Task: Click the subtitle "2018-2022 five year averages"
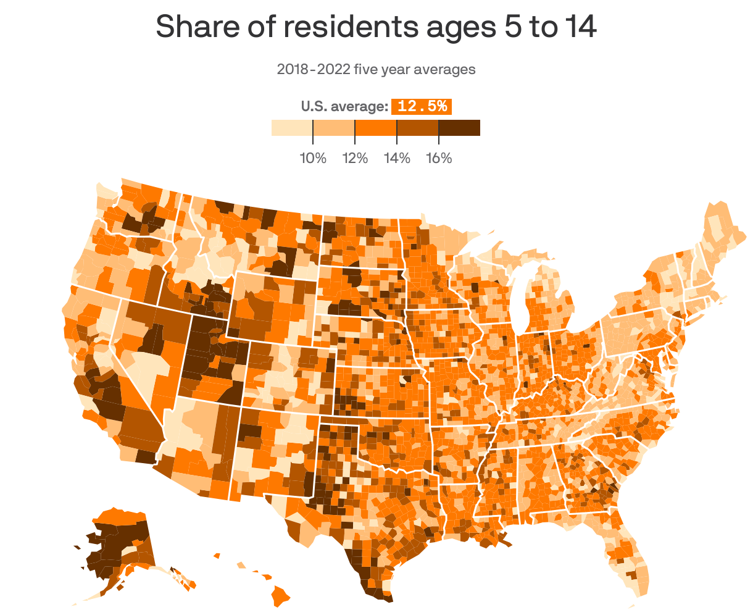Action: (x=376, y=69)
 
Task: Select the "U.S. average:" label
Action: (x=344, y=106)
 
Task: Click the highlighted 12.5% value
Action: (x=422, y=106)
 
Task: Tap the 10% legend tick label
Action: (x=313, y=159)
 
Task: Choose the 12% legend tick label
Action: (x=355, y=159)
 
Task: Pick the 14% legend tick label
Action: (x=397, y=159)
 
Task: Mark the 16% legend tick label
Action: (x=439, y=159)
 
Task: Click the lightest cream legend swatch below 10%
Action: (x=292, y=128)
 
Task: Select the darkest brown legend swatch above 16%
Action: (x=459, y=128)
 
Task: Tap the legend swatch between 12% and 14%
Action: (x=375, y=128)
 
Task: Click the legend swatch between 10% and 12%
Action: (x=334, y=128)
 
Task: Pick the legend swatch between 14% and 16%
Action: (x=417, y=128)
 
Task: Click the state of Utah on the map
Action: (x=210, y=358)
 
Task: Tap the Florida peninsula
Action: (x=630, y=556)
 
